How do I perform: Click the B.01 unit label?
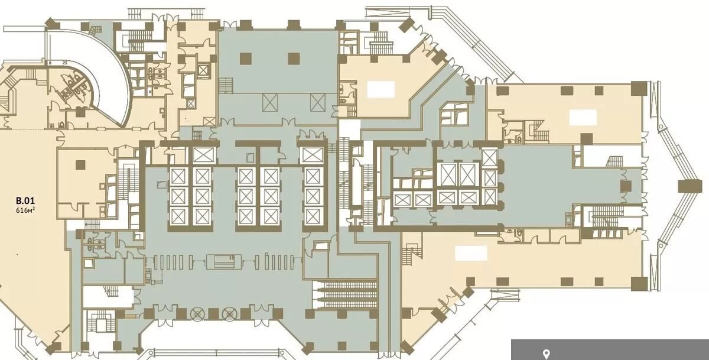click(x=25, y=201)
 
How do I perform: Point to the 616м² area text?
click(x=25, y=210)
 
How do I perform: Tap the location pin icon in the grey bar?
click(x=546, y=354)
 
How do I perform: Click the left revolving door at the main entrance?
click(x=198, y=314)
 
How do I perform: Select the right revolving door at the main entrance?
click(x=229, y=314)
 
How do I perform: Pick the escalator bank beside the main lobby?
click(x=345, y=295)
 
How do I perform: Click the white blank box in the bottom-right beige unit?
click(x=471, y=253)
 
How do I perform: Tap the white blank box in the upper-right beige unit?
click(x=583, y=118)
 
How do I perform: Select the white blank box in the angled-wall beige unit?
click(x=380, y=89)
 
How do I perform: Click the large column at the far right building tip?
click(x=690, y=186)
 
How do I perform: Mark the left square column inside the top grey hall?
click(x=246, y=59)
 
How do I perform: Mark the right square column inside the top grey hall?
click(x=294, y=59)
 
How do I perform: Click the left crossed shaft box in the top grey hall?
click(x=270, y=103)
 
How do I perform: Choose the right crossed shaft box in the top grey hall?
click(x=318, y=103)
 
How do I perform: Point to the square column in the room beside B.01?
click(x=80, y=165)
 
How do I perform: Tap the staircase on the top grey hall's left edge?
click(x=226, y=86)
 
